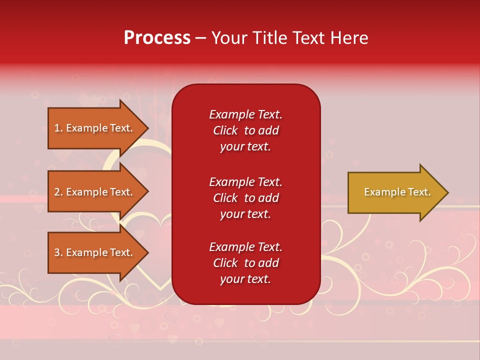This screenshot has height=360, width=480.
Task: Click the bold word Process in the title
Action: (x=157, y=38)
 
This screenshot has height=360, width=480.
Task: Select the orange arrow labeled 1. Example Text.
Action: (x=94, y=128)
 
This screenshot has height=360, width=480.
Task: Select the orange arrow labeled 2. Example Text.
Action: (x=94, y=192)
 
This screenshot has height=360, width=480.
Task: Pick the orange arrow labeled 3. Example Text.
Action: (x=94, y=252)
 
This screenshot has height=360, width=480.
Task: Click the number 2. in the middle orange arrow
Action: (x=58, y=192)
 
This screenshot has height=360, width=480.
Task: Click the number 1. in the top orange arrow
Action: (x=58, y=128)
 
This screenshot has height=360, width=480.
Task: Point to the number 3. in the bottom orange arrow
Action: (x=58, y=252)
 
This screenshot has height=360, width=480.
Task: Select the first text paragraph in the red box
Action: (x=245, y=130)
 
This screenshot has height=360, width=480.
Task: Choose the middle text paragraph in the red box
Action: (x=245, y=198)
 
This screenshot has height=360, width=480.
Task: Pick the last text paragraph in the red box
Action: (x=245, y=263)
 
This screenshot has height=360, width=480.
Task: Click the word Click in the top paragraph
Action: (x=225, y=130)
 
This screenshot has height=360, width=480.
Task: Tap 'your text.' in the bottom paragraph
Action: (x=245, y=279)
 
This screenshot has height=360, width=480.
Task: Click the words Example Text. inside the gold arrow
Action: (x=397, y=192)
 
